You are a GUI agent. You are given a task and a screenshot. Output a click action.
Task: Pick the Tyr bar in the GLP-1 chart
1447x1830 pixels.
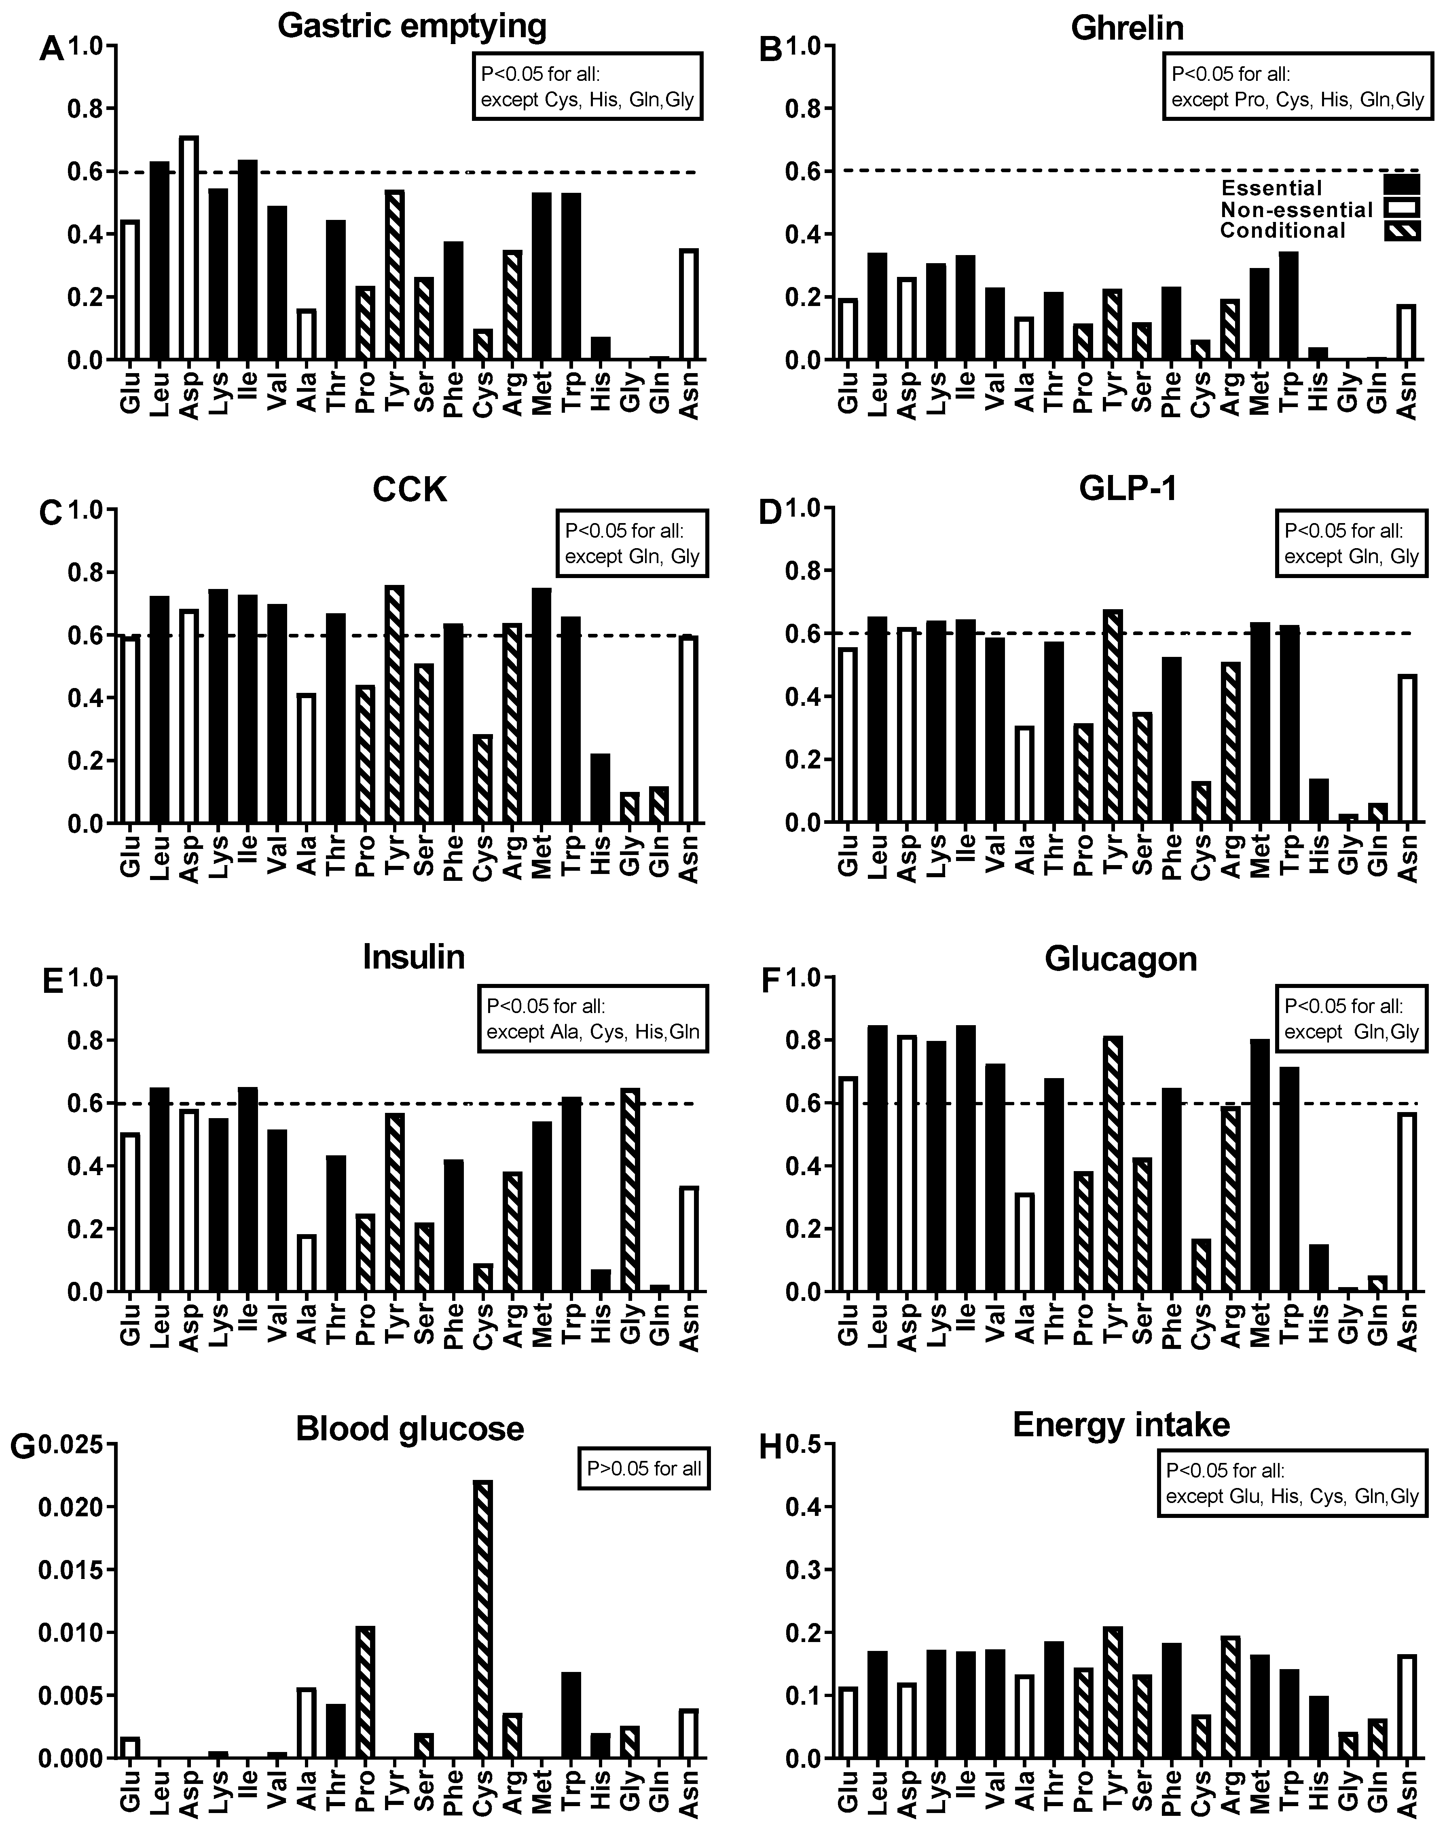tap(1113, 716)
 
